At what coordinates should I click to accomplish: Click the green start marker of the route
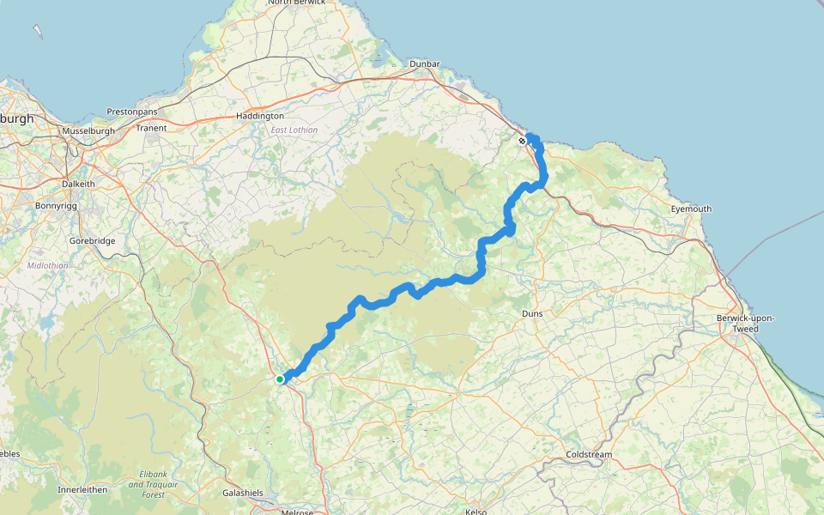280,379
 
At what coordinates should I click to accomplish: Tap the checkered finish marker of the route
522,141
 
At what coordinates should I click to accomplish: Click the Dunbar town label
425,64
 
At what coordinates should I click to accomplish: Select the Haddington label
260,116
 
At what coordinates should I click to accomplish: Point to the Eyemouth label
691,209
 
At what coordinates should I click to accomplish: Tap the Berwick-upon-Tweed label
745,323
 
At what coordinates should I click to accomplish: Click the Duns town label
532,314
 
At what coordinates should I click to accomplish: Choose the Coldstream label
588,454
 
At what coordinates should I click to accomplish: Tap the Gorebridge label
92,241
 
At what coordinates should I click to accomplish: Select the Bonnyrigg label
58,207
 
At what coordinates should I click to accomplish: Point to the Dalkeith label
82,184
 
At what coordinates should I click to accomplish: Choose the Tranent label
152,129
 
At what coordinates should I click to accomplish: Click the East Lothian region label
294,130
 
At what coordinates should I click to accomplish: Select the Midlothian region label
47,265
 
